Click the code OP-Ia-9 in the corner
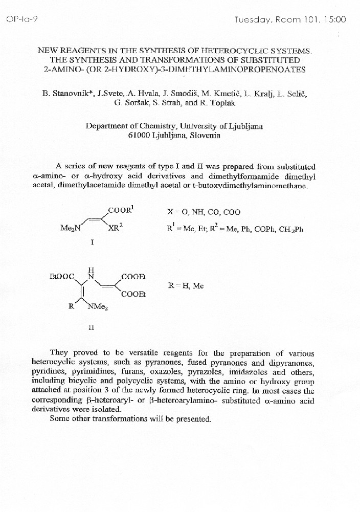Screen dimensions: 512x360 18,19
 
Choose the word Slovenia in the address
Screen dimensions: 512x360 205,136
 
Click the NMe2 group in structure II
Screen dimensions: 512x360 97,307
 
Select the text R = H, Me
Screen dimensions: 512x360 186,286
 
